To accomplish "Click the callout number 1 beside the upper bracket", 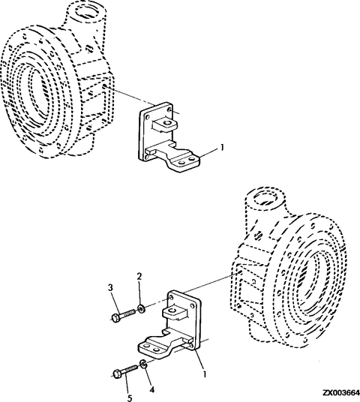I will pyautogui.click(x=223, y=148).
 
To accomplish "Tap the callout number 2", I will pyautogui.click(x=139, y=277).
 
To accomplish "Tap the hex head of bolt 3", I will pyautogui.click(x=112, y=318).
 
